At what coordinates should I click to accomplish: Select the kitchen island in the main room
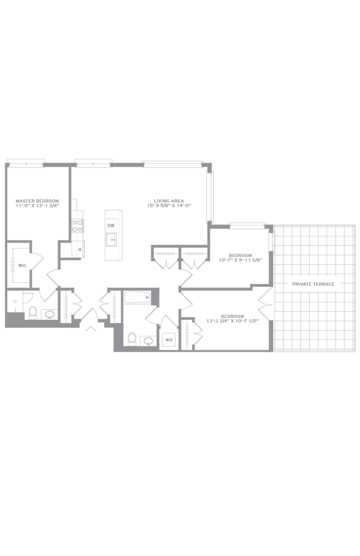[x=114, y=235]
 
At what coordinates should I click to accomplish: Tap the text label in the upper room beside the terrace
[x=239, y=257]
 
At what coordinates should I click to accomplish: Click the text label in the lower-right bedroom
[x=232, y=318]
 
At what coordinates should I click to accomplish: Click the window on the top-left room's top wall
[x=26, y=160]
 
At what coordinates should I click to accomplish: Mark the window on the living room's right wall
[x=211, y=195]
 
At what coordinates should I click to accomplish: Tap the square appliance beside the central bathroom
[x=168, y=339]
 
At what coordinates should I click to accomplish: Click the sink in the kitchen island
[x=112, y=224]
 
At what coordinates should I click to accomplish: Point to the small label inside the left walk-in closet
[x=22, y=266]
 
